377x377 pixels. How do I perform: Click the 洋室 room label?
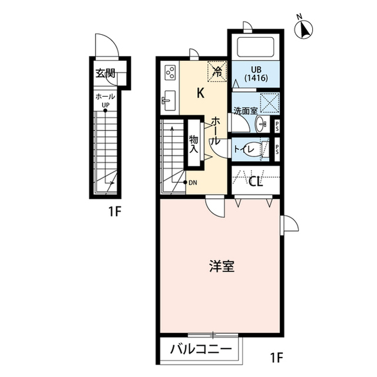(221, 266)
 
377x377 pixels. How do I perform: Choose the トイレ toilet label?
(245, 149)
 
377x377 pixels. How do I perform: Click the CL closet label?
(254, 181)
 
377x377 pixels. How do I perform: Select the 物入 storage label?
(193, 145)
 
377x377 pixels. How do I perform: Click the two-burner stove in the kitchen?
(170, 73)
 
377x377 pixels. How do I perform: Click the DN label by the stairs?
(193, 182)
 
